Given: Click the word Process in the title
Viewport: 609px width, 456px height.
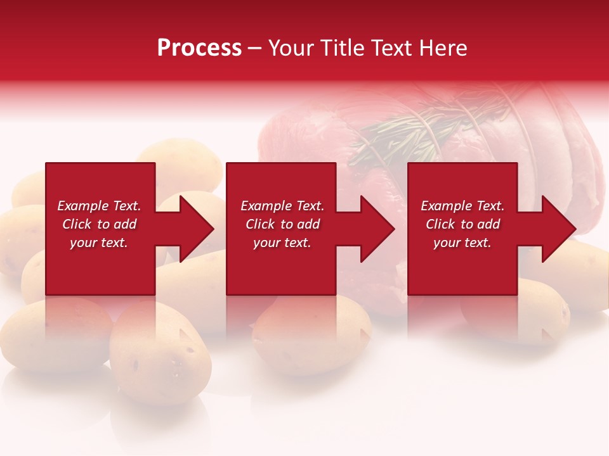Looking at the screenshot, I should pyautogui.click(x=199, y=48).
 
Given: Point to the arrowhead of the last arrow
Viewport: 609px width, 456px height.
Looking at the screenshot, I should pyautogui.click(x=558, y=229).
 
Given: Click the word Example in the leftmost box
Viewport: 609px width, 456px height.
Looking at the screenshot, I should pyautogui.click(x=82, y=206).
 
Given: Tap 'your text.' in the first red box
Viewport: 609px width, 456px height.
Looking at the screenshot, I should pyautogui.click(x=99, y=243).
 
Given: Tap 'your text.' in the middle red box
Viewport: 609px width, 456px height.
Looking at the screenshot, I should pyautogui.click(x=282, y=243).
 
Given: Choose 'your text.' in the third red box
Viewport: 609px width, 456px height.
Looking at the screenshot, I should pyautogui.click(x=462, y=243).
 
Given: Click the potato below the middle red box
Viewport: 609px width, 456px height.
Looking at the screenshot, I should pyautogui.click(x=311, y=336).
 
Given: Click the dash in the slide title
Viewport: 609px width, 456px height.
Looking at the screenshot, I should pyautogui.click(x=255, y=49).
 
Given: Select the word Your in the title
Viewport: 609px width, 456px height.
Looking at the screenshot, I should pyautogui.click(x=291, y=48).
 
